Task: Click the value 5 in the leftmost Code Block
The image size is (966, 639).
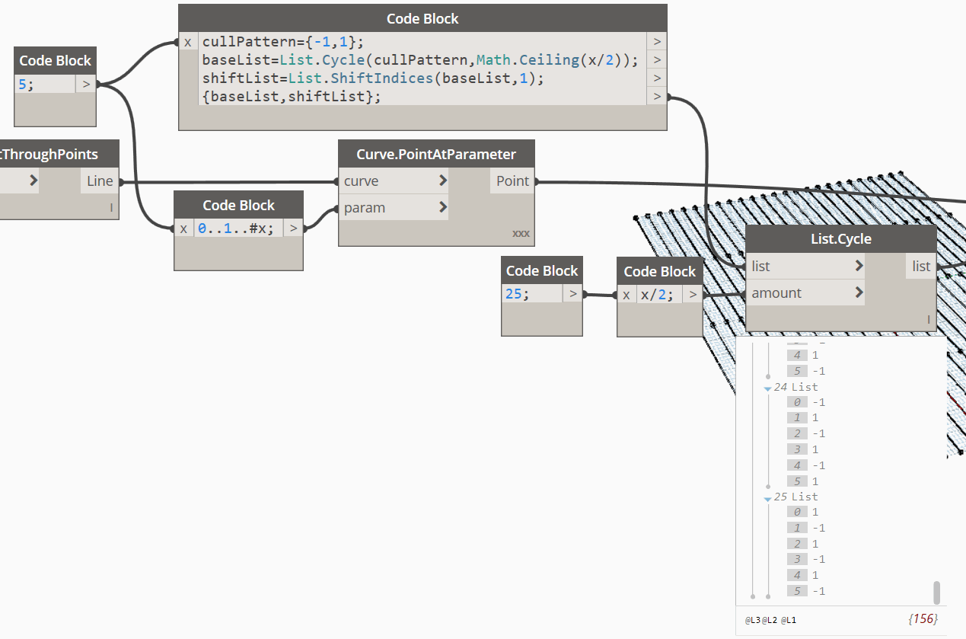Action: click(x=22, y=84)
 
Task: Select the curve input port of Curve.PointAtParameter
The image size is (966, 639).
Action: click(x=361, y=181)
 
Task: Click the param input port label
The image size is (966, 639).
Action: click(x=365, y=207)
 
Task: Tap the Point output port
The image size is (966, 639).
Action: click(x=512, y=181)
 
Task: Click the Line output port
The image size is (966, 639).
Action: click(x=100, y=181)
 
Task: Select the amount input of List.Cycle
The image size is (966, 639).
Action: click(x=776, y=293)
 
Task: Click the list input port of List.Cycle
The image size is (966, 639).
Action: click(x=760, y=267)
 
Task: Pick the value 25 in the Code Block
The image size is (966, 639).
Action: click(x=513, y=294)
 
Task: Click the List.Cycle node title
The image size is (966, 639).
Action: click(x=841, y=238)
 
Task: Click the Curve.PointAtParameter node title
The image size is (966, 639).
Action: click(x=436, y=154)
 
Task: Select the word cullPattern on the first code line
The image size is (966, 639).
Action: click(x=249, y=42)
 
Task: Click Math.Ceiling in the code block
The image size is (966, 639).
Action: click(x=528, y=60)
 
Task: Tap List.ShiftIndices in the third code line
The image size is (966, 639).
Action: click(x=361, y=78)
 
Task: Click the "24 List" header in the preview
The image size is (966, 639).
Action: click(x=795, y=387)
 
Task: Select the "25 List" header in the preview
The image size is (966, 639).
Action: click(x=795, y=497)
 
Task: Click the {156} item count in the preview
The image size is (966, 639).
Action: click(x=923, y=618)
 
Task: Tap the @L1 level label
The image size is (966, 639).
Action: click(x=789, y=620)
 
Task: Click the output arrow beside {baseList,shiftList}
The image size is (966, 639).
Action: click(x=657, y=96)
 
